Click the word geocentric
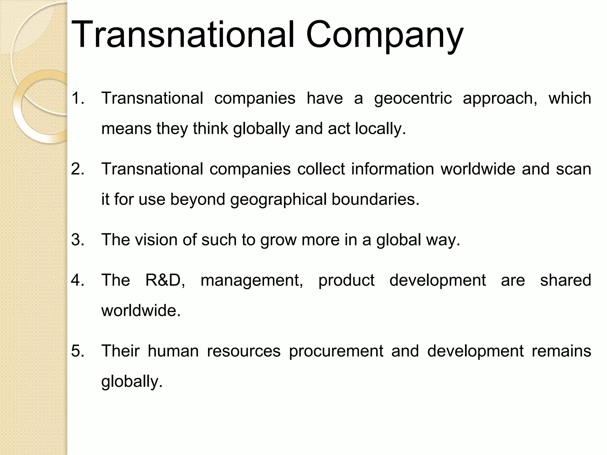pyautogui.click(x=413, y=99)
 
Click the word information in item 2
pyautogui.click(x=392, y=169)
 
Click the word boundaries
pyautogui.click(x=375, y=199)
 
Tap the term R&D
pyautogui.click(x=165, y=280)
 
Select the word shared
pyautogui.click(x=565, y=280)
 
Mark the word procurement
pyautogui.click(x=336, y=352)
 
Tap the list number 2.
pyautogui.click(x=78, y=169)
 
